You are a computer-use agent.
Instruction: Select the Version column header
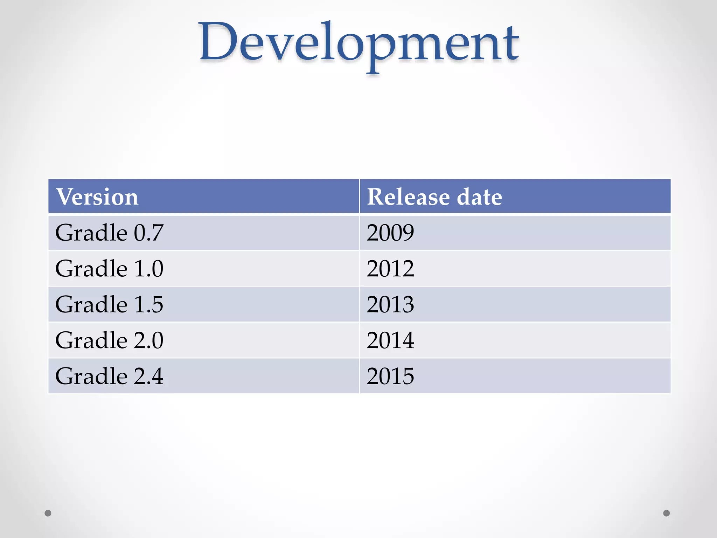(97, 196)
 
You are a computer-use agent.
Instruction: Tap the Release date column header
(434, 196)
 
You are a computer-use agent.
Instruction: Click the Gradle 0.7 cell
(109, 233)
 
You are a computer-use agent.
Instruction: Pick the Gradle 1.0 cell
(109, 269)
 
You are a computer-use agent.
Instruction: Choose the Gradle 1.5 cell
(109, 304)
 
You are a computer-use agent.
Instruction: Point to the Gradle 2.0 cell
(109, 340)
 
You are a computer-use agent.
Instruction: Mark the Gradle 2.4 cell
(109, 376)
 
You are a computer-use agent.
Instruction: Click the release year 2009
(390, 233)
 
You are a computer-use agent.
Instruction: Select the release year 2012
(390, 269)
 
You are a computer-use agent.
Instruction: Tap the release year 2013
(390, 304)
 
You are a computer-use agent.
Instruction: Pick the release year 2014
(390, 340)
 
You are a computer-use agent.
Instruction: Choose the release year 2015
(390, 376)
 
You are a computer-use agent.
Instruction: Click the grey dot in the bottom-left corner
(48, 513)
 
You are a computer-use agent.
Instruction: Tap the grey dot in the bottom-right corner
(667, 513)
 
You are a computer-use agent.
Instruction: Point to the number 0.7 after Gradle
(148, 233)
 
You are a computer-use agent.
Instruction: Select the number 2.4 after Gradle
(148, 376)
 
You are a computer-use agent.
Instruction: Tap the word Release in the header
(408, 196)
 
